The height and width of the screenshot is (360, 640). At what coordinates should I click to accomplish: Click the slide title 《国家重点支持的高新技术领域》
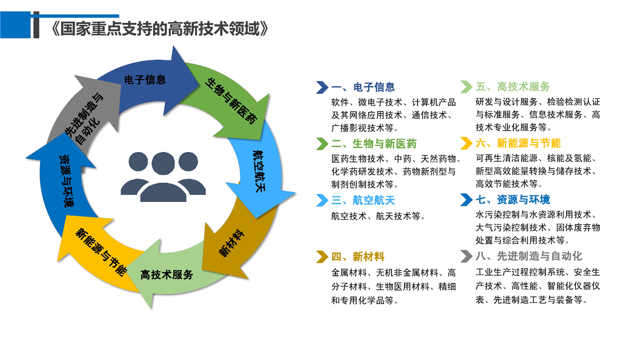(x=160, y=28)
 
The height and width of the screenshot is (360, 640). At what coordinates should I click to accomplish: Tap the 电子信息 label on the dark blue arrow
(x=145, y=79)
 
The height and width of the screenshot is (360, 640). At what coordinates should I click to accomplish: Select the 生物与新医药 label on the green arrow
(x=231, y=101)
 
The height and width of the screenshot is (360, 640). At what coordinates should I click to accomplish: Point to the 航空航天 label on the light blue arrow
(x=259, y=171)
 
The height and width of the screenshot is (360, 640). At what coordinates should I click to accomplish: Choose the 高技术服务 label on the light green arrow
(x=166, y=275)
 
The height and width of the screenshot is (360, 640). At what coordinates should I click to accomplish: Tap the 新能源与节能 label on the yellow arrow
(x=101, y=252)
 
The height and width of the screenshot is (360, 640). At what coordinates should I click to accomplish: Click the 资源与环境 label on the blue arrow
(x=66, y=181)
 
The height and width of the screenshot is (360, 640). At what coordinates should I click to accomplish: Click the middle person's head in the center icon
(x=163, y=163)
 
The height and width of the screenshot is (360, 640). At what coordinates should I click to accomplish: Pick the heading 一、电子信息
(x=363, y=87)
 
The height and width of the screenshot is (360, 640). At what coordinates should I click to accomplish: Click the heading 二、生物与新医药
(x=374, y=143)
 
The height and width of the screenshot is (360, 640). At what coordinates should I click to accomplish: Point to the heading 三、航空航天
(x=363, y=200)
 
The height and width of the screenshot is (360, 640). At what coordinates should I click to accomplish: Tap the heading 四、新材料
(x=358, y=256)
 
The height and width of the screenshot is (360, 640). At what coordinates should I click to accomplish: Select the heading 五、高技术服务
(x=513, y=86)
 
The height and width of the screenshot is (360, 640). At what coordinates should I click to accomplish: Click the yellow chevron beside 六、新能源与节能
(x=466, y=143)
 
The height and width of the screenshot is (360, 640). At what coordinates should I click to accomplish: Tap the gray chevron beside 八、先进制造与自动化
(x=466, y=256)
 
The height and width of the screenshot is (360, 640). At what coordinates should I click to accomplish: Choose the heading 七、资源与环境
(x=513, y=199)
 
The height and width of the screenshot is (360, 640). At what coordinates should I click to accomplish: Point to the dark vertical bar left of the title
(x=36, y=24)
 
